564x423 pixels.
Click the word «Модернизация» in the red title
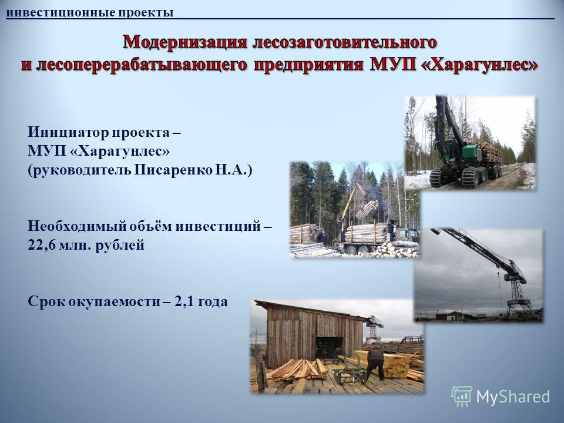point(185,42)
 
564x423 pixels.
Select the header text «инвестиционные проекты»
point(90,12)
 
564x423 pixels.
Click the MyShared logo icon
point(462,397)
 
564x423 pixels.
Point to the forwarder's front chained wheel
point(437,177)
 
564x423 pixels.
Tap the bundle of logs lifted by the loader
point(367,209)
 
